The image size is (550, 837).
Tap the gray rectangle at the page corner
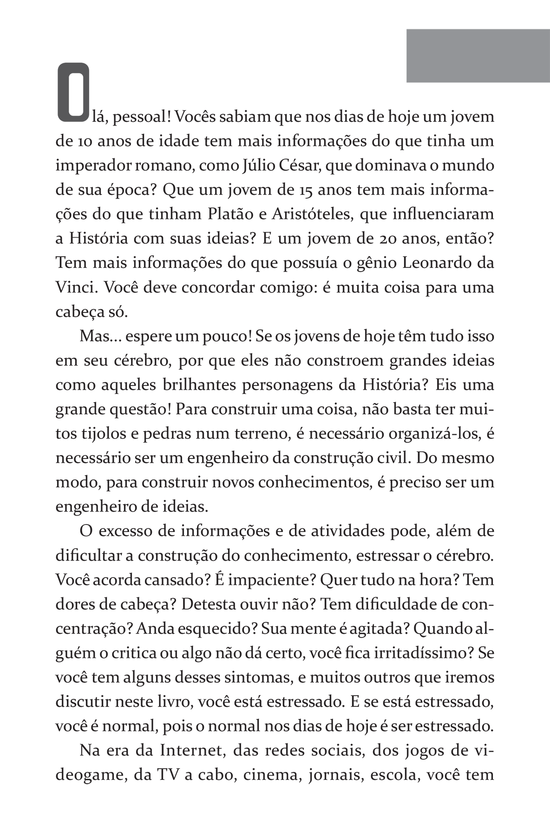478,56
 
